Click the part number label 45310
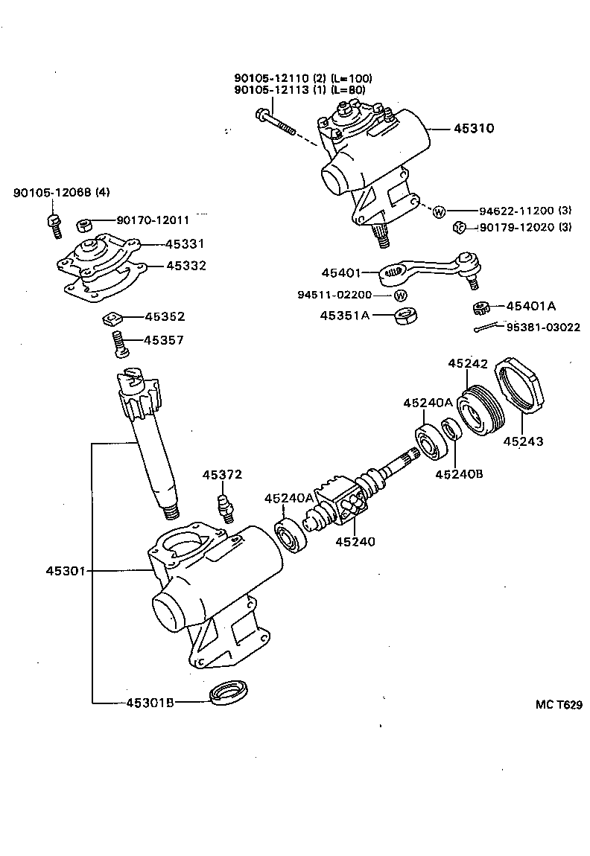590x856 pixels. [x=474, y=128]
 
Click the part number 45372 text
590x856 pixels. [x=221, y=475]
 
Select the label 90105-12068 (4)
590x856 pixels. [x=61, y=193]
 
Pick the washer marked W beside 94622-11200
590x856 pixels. [x=439, y=211]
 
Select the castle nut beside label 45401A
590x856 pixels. [x=480, y=307]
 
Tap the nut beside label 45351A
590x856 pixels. [x=403, y=315]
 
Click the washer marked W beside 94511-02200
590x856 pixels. [x=401, y=295]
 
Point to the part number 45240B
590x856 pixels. [x=460, y=473]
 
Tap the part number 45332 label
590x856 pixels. [x=185, y=265]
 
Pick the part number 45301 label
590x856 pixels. [x=66, y=572]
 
